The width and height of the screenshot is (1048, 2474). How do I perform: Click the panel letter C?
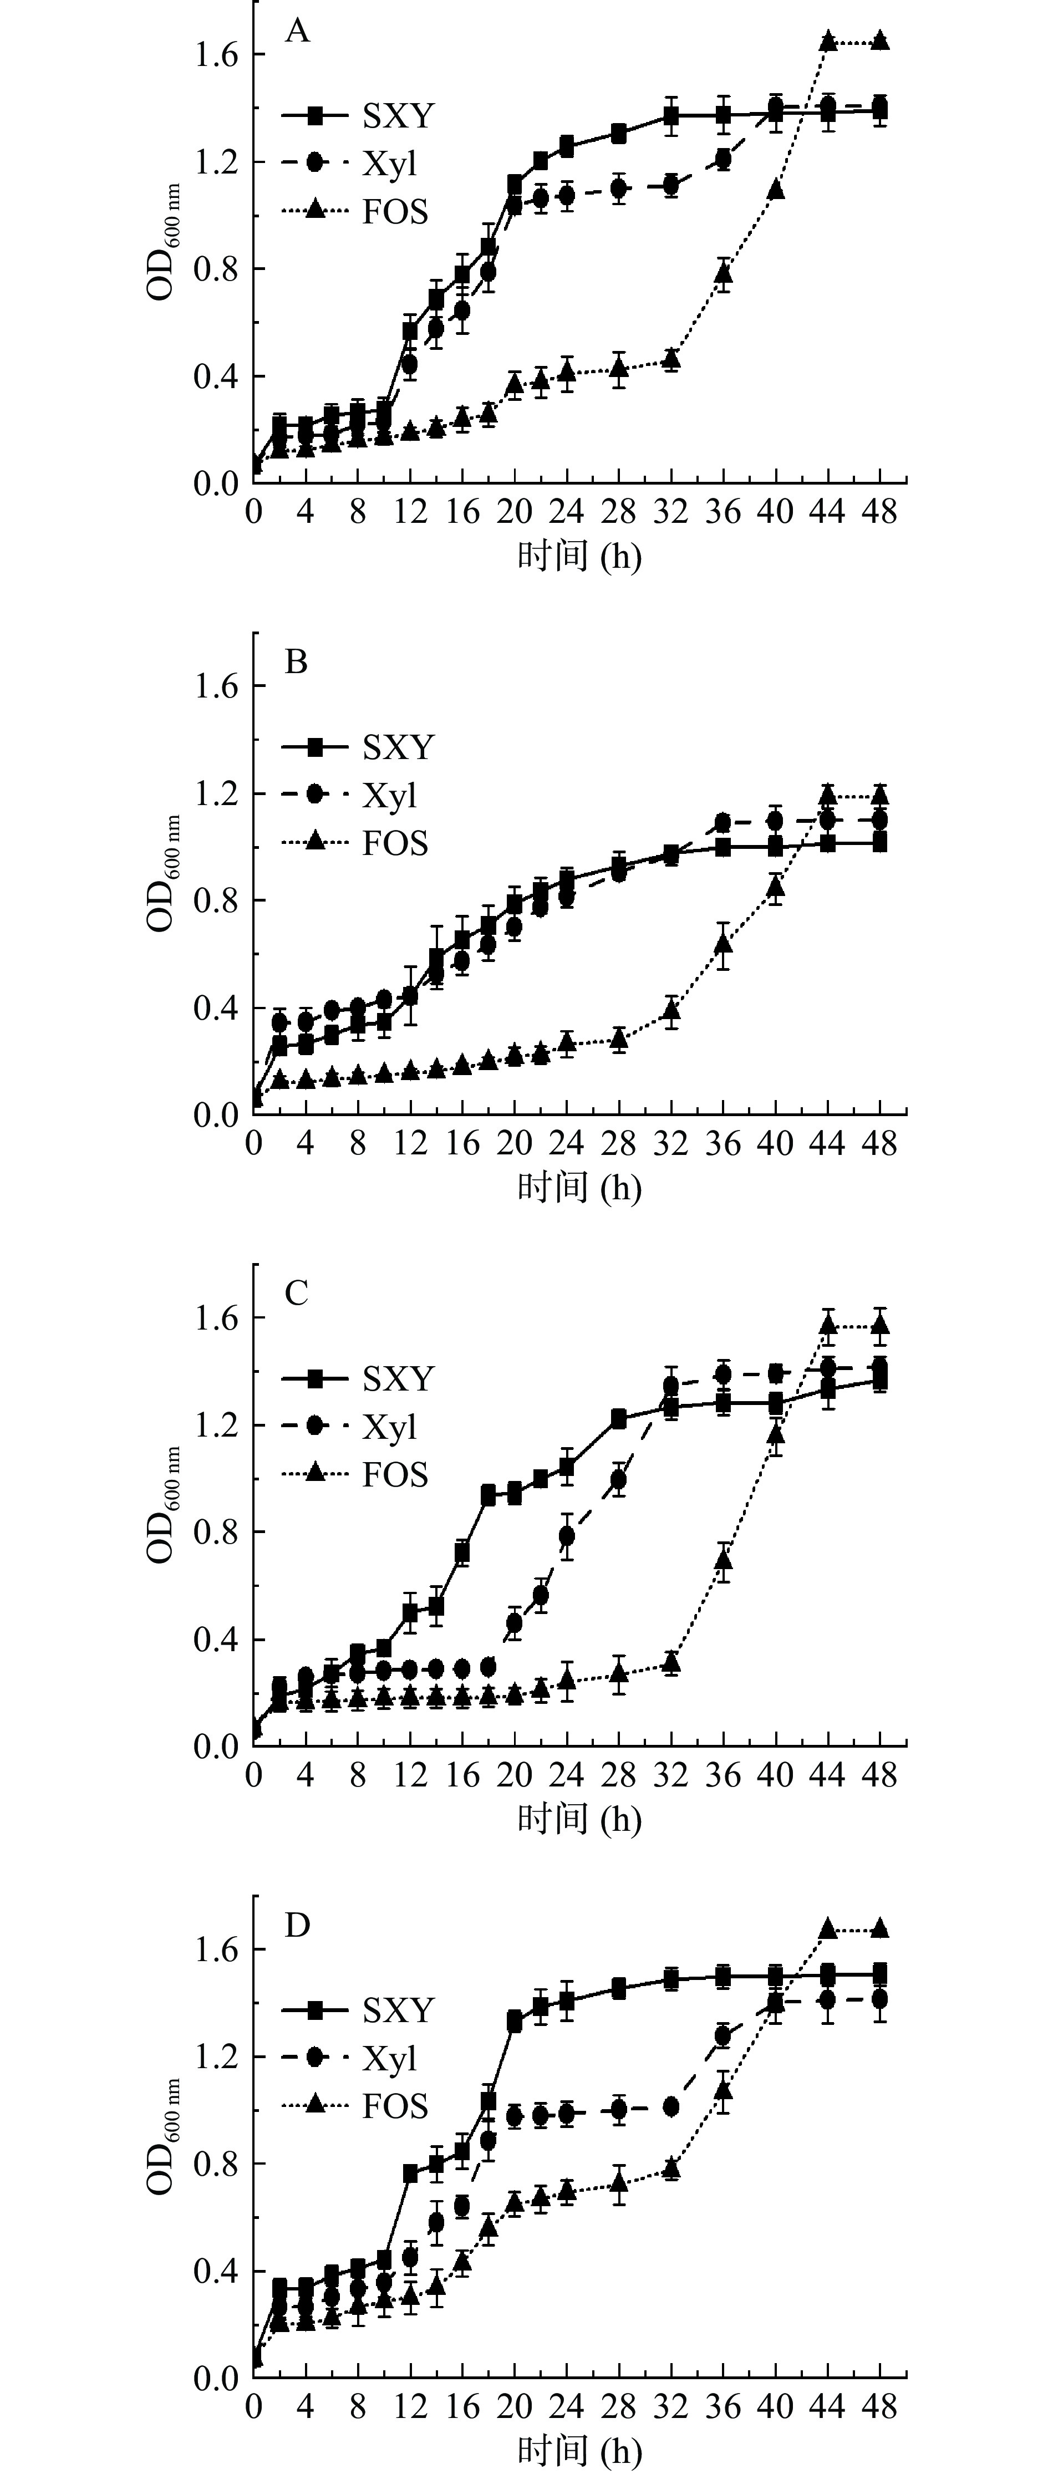296,1294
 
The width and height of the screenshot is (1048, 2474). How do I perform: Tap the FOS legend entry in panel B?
394,843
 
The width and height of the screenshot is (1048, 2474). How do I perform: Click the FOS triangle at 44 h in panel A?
828,40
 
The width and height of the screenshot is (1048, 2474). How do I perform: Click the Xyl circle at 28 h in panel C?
619,1480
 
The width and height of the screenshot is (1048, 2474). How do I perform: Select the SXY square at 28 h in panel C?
619,1418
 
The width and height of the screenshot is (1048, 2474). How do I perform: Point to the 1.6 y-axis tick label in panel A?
216,55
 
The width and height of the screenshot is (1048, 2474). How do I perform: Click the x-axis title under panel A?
579,556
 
